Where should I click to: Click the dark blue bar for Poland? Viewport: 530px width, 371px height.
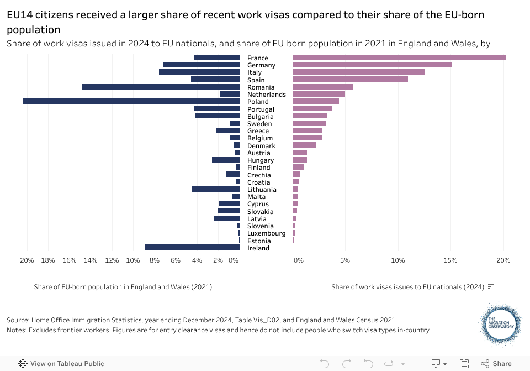131,101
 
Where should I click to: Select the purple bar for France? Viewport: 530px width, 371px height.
399,58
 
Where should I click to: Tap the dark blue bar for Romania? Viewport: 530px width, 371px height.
161,87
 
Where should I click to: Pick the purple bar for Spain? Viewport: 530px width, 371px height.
350,79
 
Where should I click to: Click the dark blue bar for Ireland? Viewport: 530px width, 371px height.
192,247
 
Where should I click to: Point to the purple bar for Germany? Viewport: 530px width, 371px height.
372,65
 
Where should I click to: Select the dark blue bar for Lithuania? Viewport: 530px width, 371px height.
215,189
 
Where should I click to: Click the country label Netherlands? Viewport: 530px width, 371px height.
266,95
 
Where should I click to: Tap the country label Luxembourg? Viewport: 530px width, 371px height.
266,233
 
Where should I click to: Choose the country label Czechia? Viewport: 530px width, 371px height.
258,175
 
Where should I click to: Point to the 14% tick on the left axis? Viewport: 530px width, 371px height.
91,260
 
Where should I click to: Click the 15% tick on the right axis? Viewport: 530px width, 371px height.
451,260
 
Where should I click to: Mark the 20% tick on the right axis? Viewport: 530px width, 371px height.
503,260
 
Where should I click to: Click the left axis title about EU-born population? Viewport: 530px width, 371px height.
123,287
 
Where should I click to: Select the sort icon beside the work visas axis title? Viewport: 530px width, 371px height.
490,286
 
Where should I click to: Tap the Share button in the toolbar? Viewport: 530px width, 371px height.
496,363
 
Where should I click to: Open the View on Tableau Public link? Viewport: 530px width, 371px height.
61,363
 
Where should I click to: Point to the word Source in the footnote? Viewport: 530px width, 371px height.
18,320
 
